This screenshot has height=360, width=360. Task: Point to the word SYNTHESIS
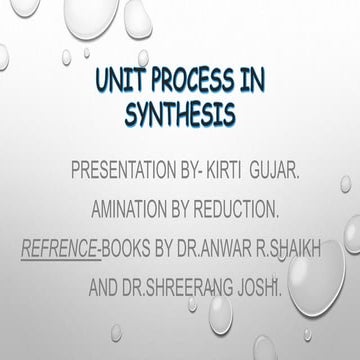click(180, 113)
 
